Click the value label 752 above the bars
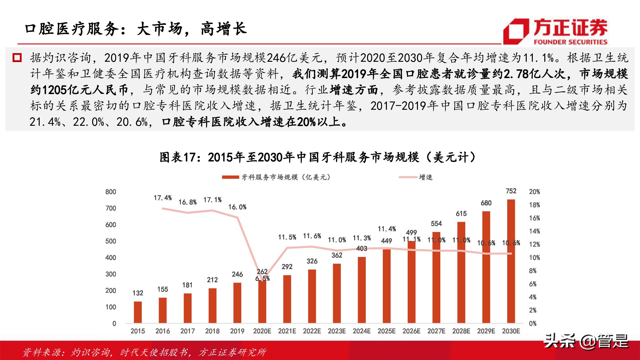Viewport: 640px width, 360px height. pyautogui.click(x=511, y=191)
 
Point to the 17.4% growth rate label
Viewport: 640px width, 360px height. pyautogui.click(x=163, y=198)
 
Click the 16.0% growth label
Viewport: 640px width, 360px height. pyautogui.click(x=237, y=207)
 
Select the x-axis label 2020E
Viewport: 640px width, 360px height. pyautogui.click(x=262, y=331)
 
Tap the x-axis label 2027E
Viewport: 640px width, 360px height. pyautogui.click(x=436, y=331)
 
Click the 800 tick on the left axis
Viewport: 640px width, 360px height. pyautogui.click(x=111, y=192)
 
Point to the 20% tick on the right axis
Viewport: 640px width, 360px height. pyautogui.click(x=534, y=192)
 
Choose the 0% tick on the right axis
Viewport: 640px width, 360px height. pyautogui.click(x=533, y=324)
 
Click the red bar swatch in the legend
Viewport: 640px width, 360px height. pyautogui.click(x=230, y=177)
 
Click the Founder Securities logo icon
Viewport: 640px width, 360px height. pyautogui.click(x=516, y=31)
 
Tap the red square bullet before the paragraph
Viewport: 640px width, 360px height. pyautogui.click(x=17, y=58)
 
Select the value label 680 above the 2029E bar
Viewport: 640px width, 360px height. pyautogui.click(x=486, y=203)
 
